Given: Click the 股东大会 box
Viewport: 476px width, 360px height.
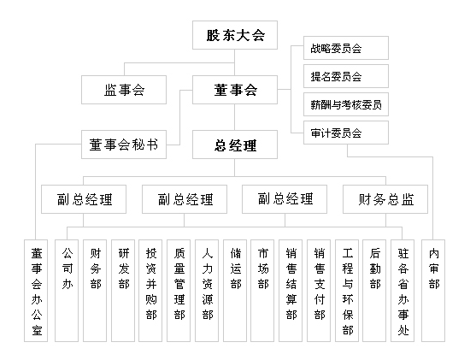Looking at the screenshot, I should click(x=236, y=37).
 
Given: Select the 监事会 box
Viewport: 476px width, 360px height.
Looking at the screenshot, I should click(x=124, y=90).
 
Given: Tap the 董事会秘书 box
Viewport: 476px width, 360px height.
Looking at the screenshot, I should click(x=124, y=144).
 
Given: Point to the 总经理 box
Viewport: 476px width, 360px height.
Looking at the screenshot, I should click(x=236, y=144).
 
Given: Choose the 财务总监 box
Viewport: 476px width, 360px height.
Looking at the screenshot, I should click(x=385, y=199).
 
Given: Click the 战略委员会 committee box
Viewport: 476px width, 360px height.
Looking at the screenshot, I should click(x=340, y=48).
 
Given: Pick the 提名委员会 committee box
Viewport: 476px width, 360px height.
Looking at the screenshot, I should click(x=340, y=76).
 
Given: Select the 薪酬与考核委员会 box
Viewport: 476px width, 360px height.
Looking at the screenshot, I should click(x=340, y=105).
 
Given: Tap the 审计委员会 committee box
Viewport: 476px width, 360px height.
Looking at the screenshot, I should click(x=340, y=133).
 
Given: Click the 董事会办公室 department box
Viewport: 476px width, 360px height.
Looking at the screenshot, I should click(x=37, y=291).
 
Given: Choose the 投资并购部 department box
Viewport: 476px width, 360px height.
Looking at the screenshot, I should click(x=151, y=291).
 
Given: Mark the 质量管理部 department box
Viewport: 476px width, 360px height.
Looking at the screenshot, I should click(x=179, y=291).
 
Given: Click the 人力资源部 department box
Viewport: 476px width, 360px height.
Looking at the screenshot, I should click(x=208, y=291).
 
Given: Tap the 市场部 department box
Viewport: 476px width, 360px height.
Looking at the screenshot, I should click(x=262, y=291).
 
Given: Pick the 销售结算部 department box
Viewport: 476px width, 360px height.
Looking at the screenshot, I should click(x=291, y=291).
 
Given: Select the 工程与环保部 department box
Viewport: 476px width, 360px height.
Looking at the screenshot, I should click(x=347, y=291).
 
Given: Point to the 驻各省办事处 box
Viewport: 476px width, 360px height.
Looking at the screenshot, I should click(x=403, y=291).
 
